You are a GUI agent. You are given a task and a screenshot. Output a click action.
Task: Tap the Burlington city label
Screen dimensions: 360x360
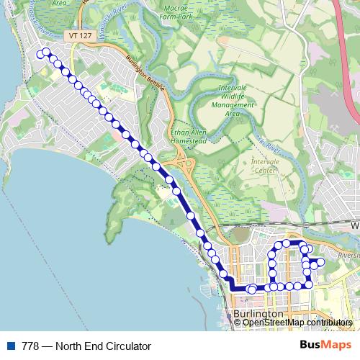tap(258, 315)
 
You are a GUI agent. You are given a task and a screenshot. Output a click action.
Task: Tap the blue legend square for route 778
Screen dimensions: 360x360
tap(9, 346)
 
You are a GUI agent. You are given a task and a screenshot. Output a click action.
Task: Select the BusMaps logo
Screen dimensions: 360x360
tap(326, 346)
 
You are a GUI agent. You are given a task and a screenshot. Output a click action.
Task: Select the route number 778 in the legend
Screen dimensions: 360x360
tap(31, 346)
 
